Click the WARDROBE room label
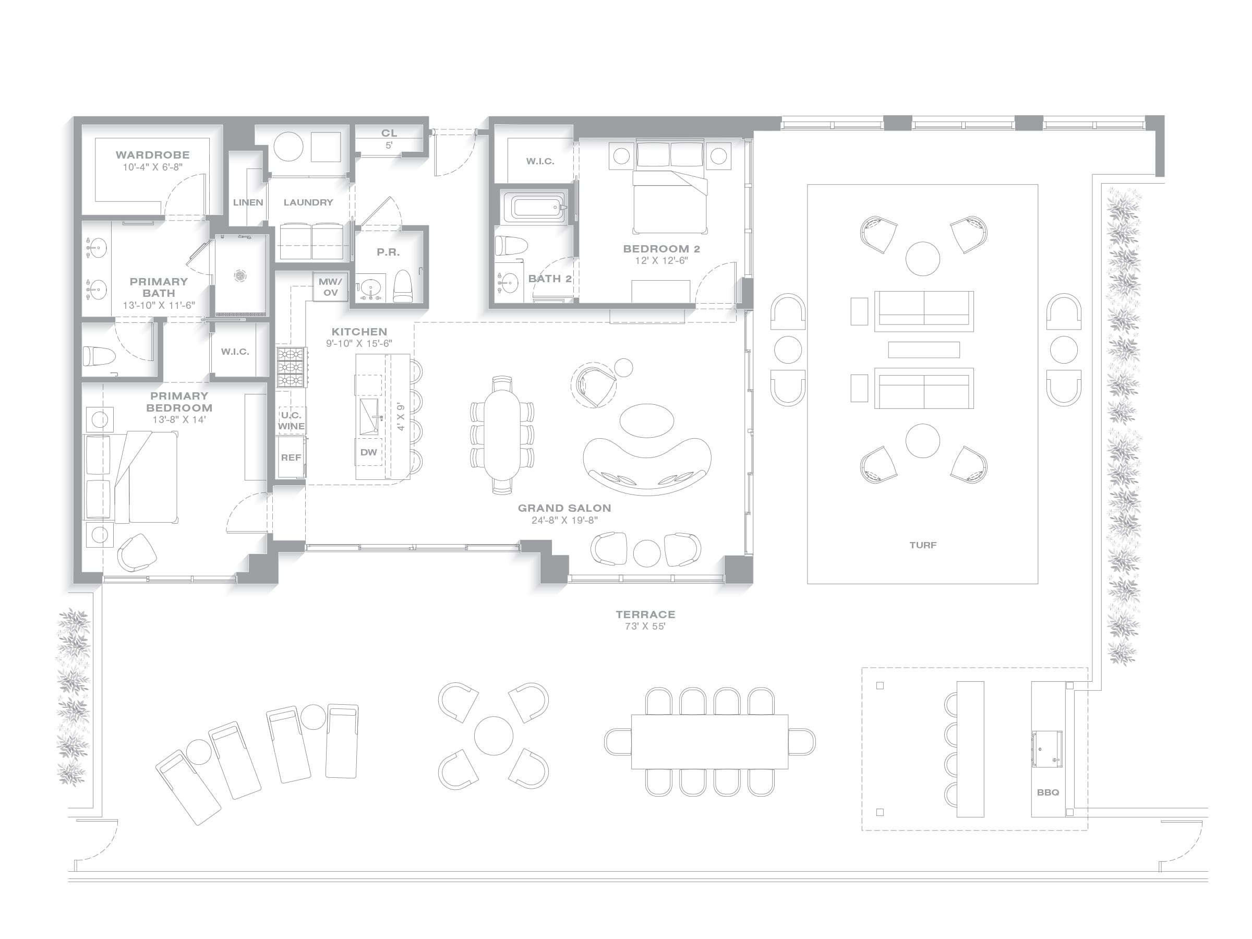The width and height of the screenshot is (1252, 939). click(153, 154)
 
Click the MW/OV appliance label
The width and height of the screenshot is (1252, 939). click(331, 287)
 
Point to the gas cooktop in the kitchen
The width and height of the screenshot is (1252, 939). click(292, 367)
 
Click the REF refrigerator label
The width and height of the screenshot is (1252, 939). click(291, 458)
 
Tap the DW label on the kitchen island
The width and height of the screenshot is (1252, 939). click(368, 452)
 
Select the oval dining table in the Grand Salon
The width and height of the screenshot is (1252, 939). click(502, 435)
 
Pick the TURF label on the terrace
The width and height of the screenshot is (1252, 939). click(923, 545)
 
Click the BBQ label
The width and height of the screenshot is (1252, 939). click(1048, 792)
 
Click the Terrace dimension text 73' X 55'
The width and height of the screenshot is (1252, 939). click(645, 627)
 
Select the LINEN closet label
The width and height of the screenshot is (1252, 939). click(248, 202)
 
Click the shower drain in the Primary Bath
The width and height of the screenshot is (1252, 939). click(240, 275)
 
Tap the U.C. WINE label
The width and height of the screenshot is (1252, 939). click(292, 420)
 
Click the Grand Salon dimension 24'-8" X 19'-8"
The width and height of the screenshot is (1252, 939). click(564, 520)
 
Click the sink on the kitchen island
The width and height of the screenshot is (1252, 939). click(369, 417)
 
